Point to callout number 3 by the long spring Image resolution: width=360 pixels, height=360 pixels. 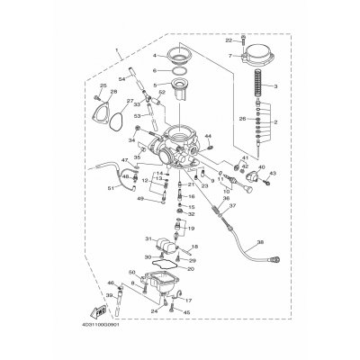pos(274,86)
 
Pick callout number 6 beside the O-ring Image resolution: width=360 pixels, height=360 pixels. pos(155,68)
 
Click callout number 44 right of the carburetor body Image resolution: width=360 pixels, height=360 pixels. pos(208,136)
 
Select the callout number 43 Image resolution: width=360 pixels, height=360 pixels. pos(273,173)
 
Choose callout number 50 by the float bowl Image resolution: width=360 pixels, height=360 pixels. pos(132,272)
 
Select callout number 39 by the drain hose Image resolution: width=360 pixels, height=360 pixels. pos(110,294)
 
